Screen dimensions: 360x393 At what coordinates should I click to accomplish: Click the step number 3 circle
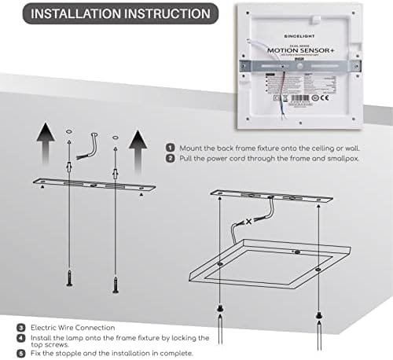tap(20, 327)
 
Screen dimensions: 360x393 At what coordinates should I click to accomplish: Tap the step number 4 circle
tap(20, 337)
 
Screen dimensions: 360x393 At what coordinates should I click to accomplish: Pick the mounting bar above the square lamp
tap(273, 197)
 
